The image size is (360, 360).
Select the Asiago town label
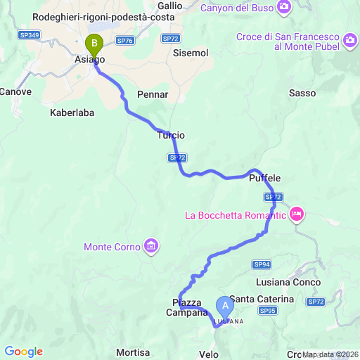[x=89, y=60]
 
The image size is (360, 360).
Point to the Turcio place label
[x=171, y=135]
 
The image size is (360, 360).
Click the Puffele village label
[x=265, y=179]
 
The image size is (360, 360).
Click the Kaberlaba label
[x=72, y=112]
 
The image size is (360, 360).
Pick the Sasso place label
[x=302, y=93]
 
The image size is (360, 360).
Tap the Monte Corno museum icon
[x=150, y=245]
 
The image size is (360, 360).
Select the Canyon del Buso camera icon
[x=284, y=8]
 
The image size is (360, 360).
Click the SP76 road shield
[x=125, y=41]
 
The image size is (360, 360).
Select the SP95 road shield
[x=267, y=310]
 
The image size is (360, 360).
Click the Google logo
[x=23, y=352]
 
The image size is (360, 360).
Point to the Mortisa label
[x=133, y=352]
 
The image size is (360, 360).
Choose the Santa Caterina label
[x=262, y=299]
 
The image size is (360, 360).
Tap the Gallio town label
[x=169, y=6]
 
